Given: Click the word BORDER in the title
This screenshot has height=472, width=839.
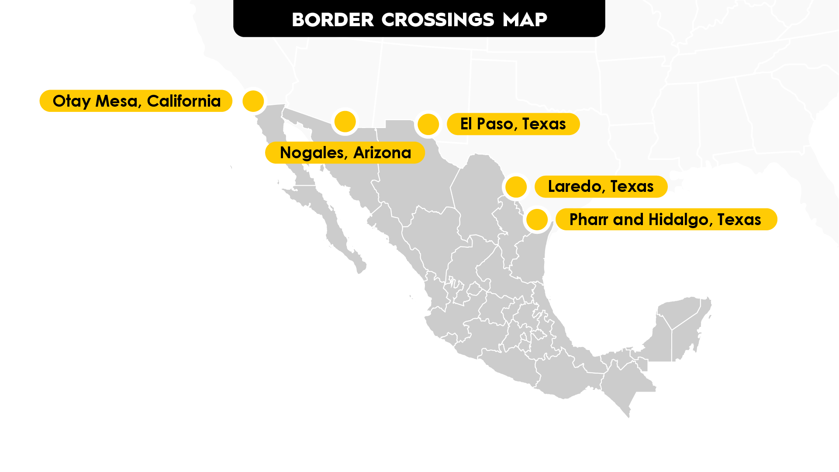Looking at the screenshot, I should (x=333, y=20).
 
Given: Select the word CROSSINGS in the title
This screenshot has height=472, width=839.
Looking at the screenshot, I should (x=438, y=20).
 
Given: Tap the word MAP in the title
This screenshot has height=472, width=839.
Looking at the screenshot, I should (x=525, y=20).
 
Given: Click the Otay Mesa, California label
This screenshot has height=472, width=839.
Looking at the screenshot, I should (x=136, y=101).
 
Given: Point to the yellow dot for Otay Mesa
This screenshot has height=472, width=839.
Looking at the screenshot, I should (x=253, y=101).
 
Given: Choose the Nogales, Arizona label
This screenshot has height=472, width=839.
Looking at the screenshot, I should (x=345, y=153).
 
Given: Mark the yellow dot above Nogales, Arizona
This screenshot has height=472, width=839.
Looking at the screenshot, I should (x=345, y=121).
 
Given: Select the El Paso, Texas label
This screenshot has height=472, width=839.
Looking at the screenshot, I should (x=513, y=124).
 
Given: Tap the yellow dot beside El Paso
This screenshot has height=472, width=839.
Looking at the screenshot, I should (x=428, y=125).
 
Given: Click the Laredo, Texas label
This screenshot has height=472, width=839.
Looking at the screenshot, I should (x=601, y=187).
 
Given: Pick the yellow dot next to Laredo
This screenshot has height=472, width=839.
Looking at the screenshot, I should (x=516, y=187).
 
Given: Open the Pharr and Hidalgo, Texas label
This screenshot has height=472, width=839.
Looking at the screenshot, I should (x=666, y=219).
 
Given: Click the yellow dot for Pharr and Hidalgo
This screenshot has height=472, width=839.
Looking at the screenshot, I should (x=537, y=219).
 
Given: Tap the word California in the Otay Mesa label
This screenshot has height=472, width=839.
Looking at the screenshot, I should (x=184, y=101).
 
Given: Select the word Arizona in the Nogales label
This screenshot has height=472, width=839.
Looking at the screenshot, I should (x=382, y=153).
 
